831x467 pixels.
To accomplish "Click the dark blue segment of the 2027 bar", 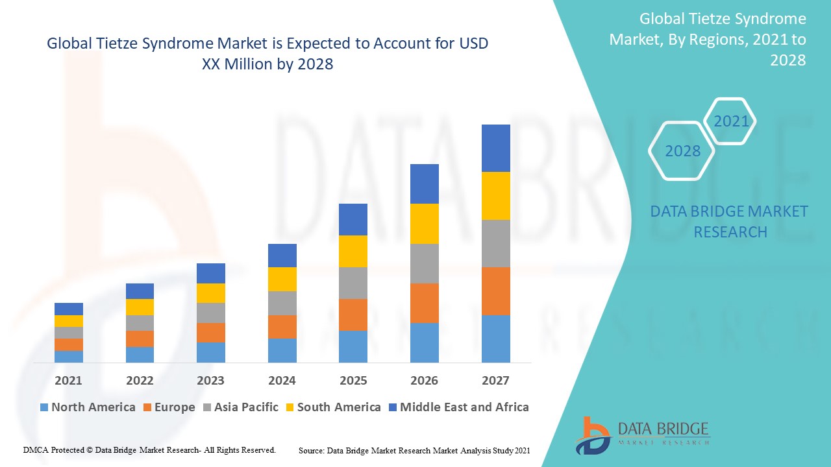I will coord(495,148).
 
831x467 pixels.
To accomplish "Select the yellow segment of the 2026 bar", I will coord(424,224).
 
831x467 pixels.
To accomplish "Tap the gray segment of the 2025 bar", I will coord(353,283).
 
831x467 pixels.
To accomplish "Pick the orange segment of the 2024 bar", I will coord(282,327).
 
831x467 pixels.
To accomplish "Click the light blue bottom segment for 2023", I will coord(210,352).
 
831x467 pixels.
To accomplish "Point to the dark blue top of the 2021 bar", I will coord(68,309).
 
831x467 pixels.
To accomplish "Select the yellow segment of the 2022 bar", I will coord(140,307).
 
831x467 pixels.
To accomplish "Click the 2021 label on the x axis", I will coord(68,380).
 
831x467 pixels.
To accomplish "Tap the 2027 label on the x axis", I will coord(495,380).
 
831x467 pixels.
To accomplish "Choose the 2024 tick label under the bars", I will coord(282,380).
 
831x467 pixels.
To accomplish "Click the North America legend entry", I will coord(87,407).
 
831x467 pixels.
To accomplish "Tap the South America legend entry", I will coord(332,407).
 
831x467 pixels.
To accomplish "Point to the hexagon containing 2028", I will coord(682,151).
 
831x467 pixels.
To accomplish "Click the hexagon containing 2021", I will coord(731,121).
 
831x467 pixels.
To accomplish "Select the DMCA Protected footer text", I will coord(149,449).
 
